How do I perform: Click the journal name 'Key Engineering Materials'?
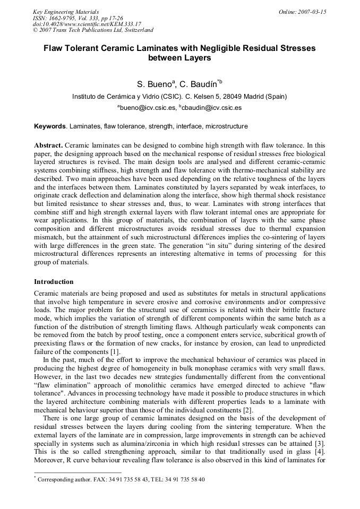point(66,12)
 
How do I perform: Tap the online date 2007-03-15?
point(303,12)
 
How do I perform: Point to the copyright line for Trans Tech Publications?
point(93,30)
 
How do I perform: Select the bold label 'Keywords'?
point(50,127)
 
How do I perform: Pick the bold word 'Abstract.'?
point(49,145)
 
